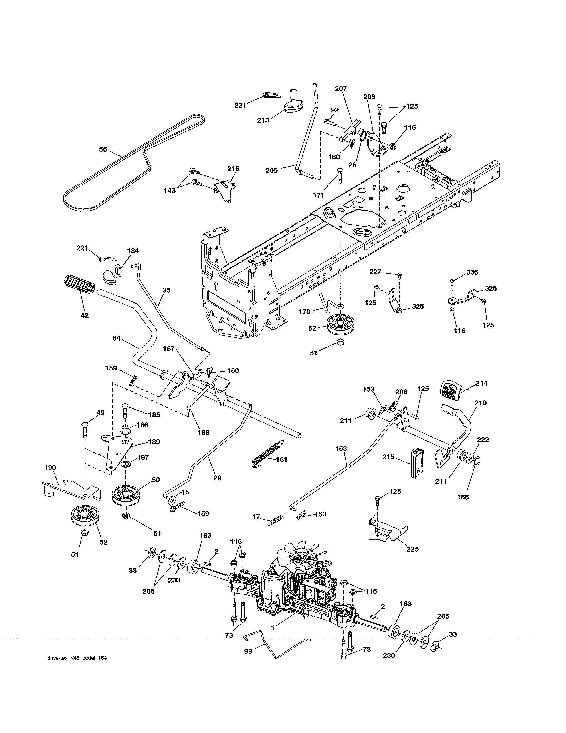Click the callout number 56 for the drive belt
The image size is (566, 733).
pos(103,149)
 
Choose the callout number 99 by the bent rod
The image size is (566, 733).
pos(248,651)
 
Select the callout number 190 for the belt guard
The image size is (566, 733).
pos(50,468)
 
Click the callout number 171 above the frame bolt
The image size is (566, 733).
pos(319,195)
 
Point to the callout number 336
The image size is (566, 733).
pos(472,272)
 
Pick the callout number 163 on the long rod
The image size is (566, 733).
pos(341,448)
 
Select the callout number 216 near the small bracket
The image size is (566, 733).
pos(233,169)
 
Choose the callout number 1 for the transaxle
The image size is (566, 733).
pos(273,628)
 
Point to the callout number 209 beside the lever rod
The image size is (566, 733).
pos(272,171)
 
